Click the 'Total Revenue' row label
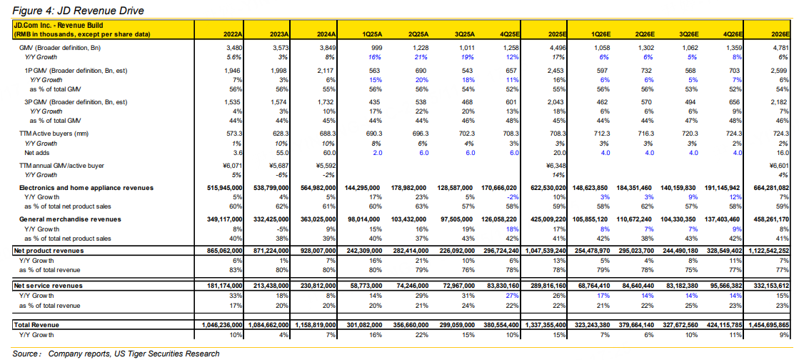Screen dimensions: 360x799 [35, 325]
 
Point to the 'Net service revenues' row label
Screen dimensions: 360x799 [47, 285]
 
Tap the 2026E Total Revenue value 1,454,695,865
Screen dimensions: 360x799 [770, 325]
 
